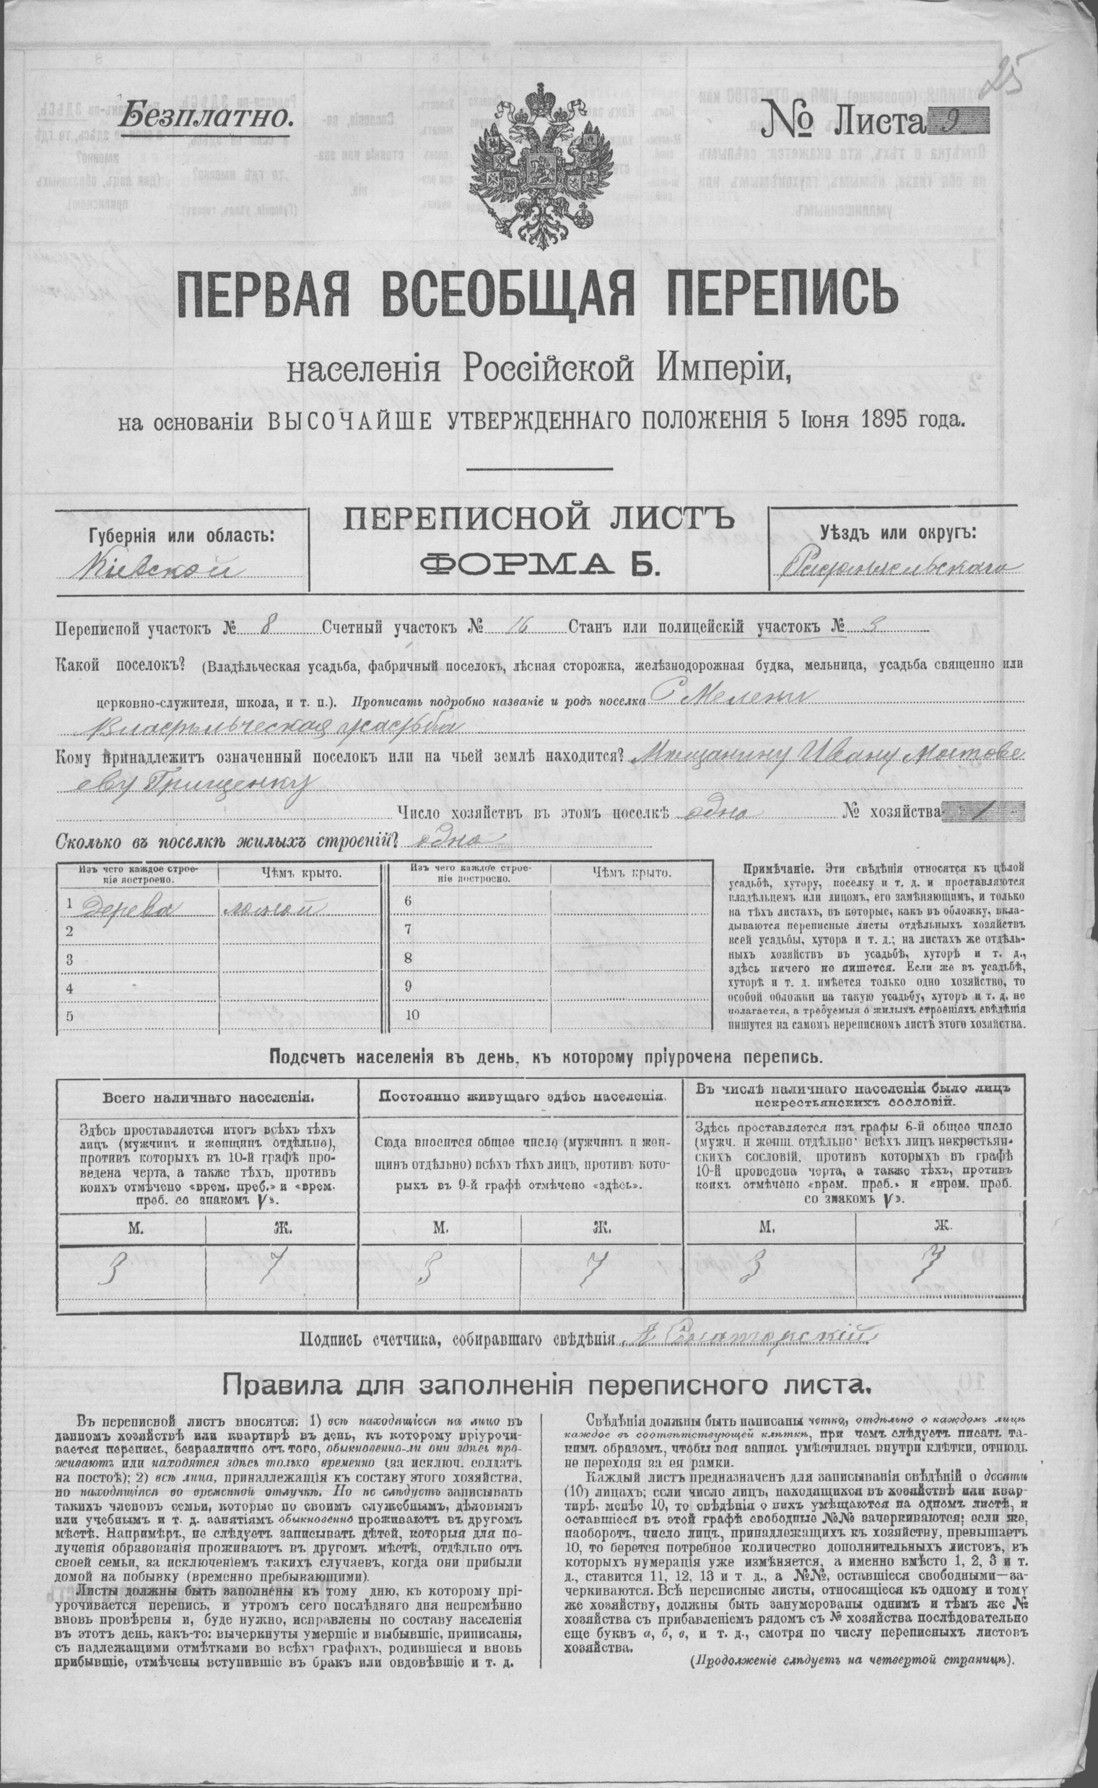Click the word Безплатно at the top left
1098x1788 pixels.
coord(207,116)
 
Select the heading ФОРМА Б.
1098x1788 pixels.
coord(540,563)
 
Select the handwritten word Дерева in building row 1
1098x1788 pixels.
coord(126,903)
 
